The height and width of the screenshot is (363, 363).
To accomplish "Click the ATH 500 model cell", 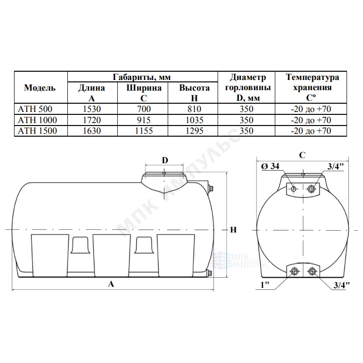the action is tap(35, 109).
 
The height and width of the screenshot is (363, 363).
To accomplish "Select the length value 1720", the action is tap(92, 120).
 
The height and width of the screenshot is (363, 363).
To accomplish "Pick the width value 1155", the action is tap(144, 131).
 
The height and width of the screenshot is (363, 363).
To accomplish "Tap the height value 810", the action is tap(194, 109).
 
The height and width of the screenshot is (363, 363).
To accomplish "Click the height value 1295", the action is tap(194, 131).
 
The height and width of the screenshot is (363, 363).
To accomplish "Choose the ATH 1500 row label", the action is tap(37, 131).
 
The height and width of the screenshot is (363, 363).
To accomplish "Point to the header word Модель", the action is tap(40, 88).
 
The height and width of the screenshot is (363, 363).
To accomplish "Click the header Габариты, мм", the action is tap(142, 77).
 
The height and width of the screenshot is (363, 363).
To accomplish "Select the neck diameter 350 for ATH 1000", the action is tap(246, 120).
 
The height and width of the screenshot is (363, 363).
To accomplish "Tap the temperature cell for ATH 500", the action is tap(311, 109).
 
